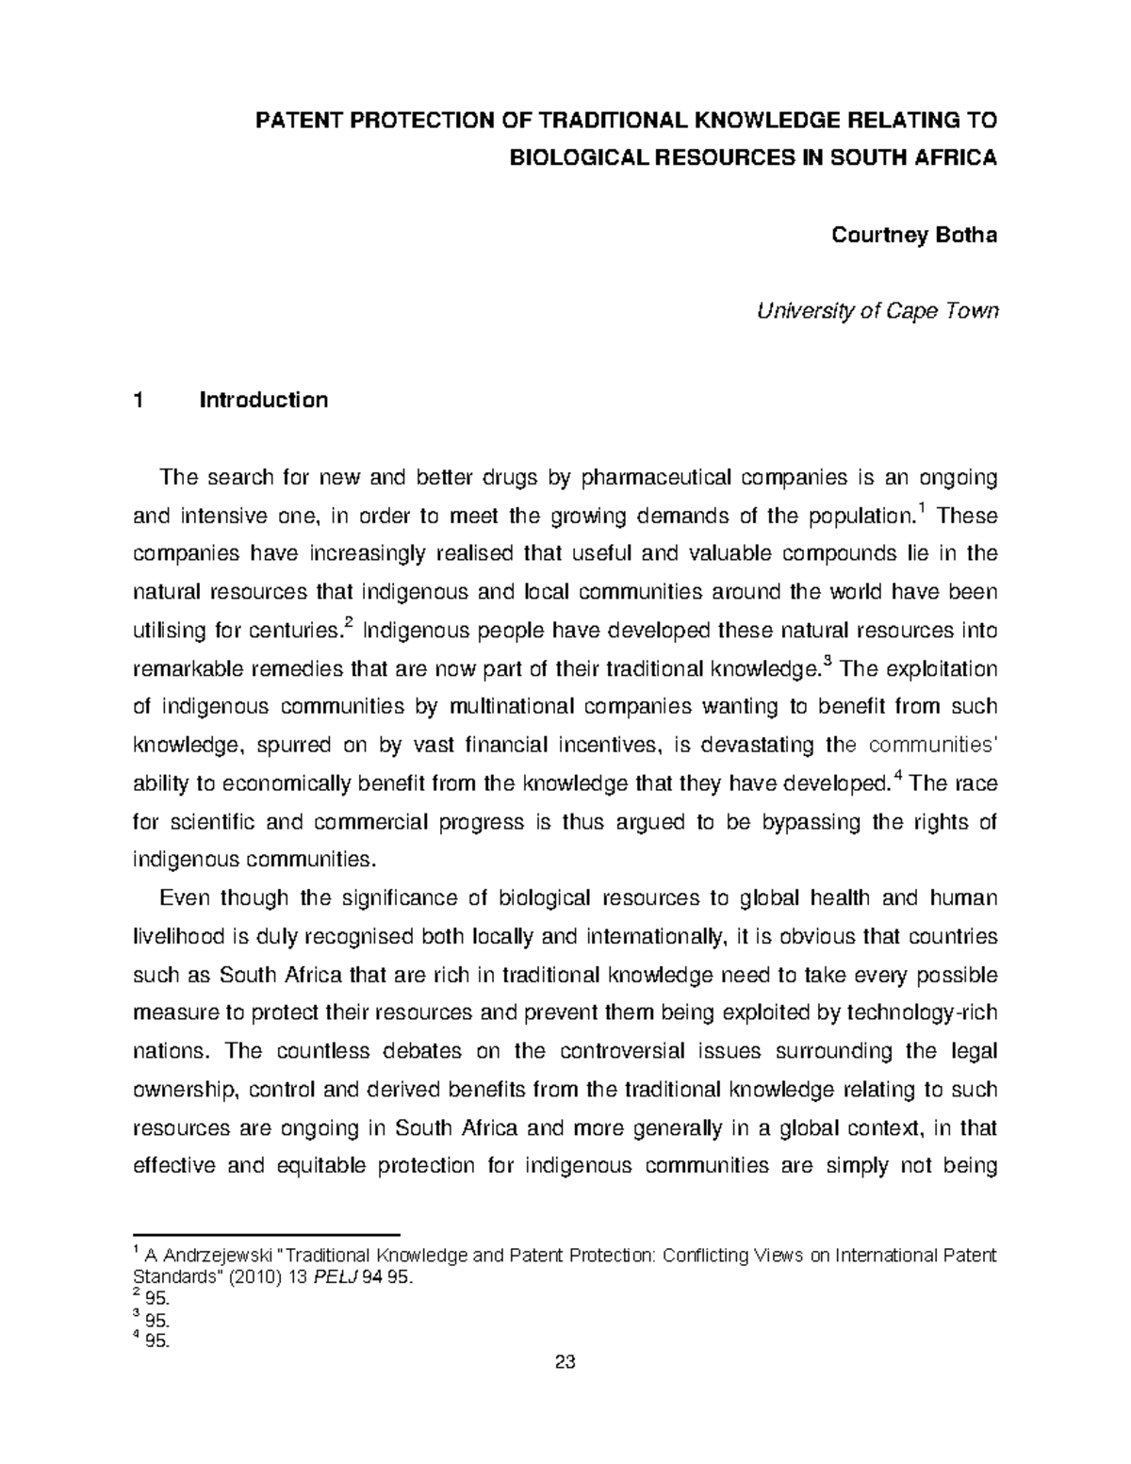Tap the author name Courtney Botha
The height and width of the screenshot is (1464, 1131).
(x=913, y=235)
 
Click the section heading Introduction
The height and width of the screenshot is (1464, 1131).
(x=263, y=400)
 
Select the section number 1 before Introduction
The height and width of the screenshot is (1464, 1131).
(x=139, y=400)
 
